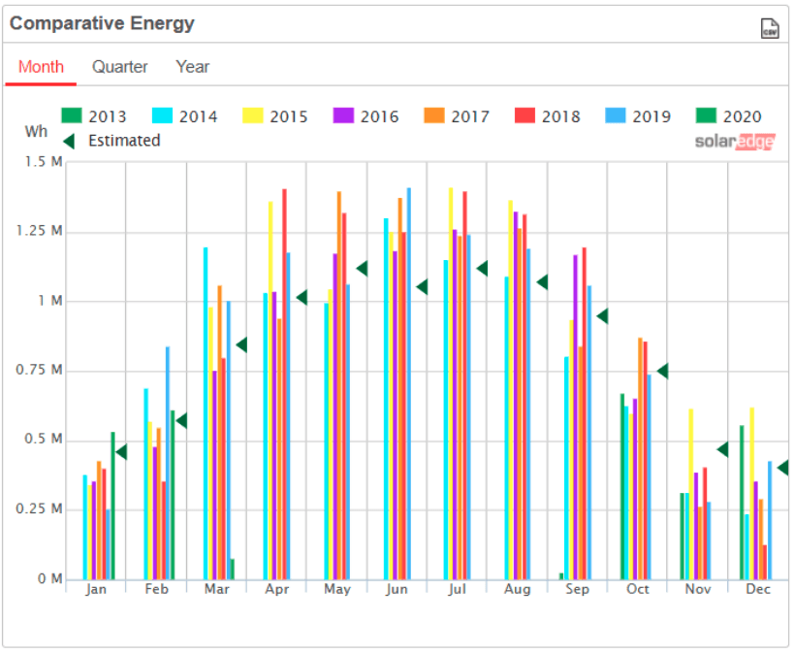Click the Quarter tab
coord(120,67)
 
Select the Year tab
coord(192,67)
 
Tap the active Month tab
coord(41,67)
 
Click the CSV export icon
coord(770,28)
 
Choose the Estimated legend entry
coord(111,141)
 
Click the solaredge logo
coord(734,142)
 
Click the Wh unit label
coord(36,130)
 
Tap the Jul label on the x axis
coord(458,589)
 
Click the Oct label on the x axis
coord(637,589)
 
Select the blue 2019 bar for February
coord(167,466)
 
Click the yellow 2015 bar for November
coord(690,495)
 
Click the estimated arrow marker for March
coord(241,344)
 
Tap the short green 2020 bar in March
coord(232,570)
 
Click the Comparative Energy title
coord(102,24)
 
